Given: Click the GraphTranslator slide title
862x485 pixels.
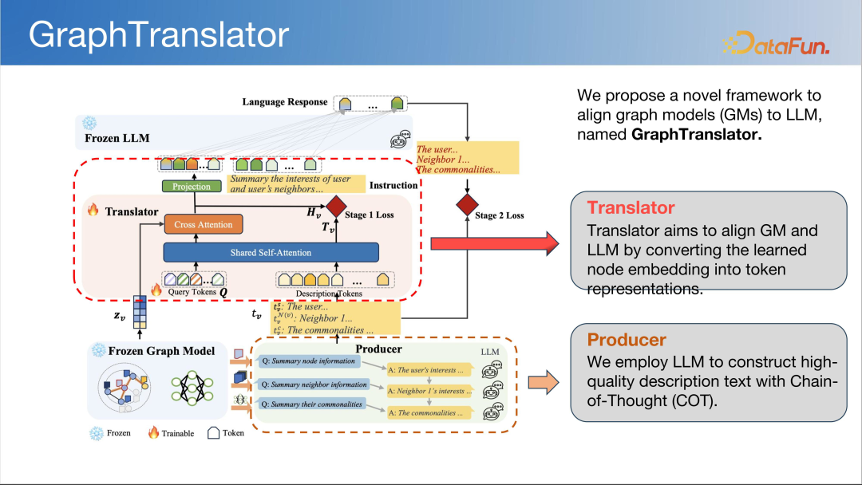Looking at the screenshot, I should (x=159, y=35).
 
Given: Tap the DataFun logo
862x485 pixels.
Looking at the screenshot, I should (x=775, y=43).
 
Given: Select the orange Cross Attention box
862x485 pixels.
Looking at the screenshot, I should (x=204, y=225).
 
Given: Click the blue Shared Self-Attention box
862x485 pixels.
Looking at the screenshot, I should (x=271, y=253).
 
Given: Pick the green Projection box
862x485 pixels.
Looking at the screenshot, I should (x=192, y=187).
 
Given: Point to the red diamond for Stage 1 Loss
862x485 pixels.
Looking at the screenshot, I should (x=334, y=207).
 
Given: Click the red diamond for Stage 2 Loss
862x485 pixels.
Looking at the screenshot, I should (x=466, y=207).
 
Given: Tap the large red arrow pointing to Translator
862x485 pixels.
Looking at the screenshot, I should (x=495, y=240).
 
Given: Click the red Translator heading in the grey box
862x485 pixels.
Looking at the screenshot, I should (x=631, y=208).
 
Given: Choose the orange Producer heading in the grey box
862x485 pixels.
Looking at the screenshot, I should (x=627, y=341).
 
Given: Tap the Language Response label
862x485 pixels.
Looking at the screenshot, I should (x=285, y=102).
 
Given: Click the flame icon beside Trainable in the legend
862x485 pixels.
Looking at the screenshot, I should (x=153, y=433).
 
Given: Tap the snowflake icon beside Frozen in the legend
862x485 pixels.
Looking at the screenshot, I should (x=97, y=433).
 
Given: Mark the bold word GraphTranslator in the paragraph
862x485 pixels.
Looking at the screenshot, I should (x=696, y=135).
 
